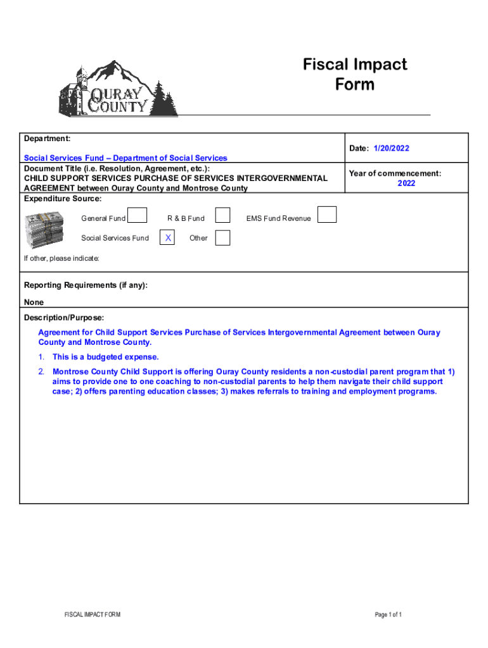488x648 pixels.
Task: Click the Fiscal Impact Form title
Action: (x=355, y=74)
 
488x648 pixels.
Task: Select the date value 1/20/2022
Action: (x=391, y=149)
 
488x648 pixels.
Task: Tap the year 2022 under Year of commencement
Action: (x=406, y=184)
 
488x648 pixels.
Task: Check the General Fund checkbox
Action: (x=138, y=216)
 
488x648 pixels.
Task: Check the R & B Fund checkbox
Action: (x=222, y=216)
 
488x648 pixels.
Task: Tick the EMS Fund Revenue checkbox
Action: (x=327, y=215)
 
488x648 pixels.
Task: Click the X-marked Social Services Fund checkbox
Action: (x=167, y=238)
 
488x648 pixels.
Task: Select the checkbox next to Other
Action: (x=222, y=238)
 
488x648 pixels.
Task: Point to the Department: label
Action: (x=47, y=138)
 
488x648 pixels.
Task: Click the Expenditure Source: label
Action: (x=63, y=199)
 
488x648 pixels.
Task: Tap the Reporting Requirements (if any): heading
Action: (x=86, y=285)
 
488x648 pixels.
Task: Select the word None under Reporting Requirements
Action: (x=34, y=302)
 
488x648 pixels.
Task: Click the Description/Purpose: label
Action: (x=64, y=318)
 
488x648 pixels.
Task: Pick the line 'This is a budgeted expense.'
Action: (x=106, y=357)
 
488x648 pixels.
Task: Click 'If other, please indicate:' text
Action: (x=61, y=259)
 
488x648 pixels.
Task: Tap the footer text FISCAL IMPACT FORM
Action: (x=93, y=614)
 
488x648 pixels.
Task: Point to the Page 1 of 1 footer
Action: (x=388, y=614)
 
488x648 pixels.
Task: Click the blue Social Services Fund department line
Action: (x=125, y=158)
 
